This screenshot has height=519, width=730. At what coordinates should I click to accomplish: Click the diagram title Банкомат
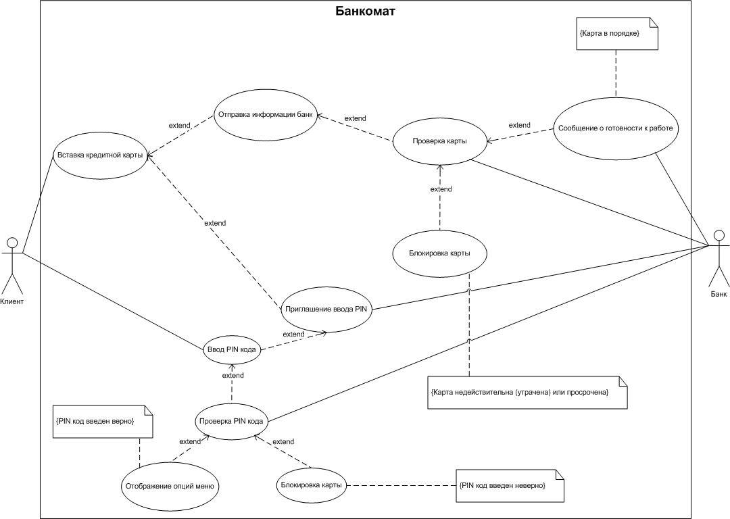(x=366, y=11)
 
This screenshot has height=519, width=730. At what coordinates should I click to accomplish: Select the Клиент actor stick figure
(x=11, y=266)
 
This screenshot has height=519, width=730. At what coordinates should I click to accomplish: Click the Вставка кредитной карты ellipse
(x=100, y=155)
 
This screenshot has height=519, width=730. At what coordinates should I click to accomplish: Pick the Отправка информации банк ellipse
(x=266, y=115)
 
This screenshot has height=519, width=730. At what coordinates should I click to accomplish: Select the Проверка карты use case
(x=440, y=141)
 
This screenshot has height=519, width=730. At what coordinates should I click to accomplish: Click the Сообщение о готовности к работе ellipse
(x=616, y=128)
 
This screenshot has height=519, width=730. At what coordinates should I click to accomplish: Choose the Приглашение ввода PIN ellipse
(x=326, y=310)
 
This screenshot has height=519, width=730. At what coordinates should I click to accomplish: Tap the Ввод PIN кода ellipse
(x=231, y=349)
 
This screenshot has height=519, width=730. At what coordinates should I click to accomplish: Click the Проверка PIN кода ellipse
(x=231, y=422)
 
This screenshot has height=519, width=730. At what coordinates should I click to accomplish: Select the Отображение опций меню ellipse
(x=170, y=487)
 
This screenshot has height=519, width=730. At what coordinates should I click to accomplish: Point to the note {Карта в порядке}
(x=617, y=34)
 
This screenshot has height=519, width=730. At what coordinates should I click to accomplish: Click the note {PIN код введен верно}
(x=103, y=421)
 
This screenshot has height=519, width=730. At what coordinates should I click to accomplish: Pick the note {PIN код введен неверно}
(x=510, y=485)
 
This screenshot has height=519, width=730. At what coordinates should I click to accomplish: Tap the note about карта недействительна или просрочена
(x=527, y=393)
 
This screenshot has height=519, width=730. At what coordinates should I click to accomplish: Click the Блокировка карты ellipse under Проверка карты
(x=440, y=253)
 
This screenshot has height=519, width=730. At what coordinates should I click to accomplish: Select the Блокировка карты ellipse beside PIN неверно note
(x=312, y=485)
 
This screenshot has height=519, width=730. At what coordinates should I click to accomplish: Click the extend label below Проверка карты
(x=441, y=189)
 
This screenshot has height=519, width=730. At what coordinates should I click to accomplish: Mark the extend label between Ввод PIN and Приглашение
(x=293, y=335)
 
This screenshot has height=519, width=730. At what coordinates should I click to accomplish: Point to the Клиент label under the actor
(x=11, y=301)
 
